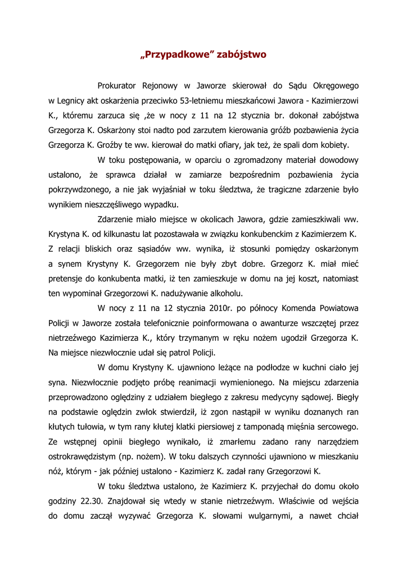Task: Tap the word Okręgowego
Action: (x=335, y=86)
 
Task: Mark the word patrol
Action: (x=173, y=352)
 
